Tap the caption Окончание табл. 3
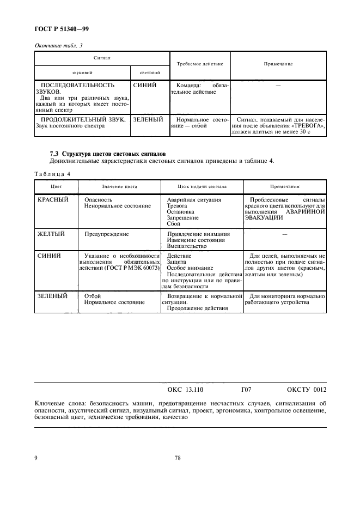[x=58, y=46]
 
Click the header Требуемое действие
[x=200, y=64]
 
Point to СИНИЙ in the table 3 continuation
[x=145, y=86]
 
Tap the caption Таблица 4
[x=52, y=174]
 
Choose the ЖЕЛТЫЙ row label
[x=51, y=234]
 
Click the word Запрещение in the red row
[x=182, y=218]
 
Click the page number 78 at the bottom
[x=178, y=458]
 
